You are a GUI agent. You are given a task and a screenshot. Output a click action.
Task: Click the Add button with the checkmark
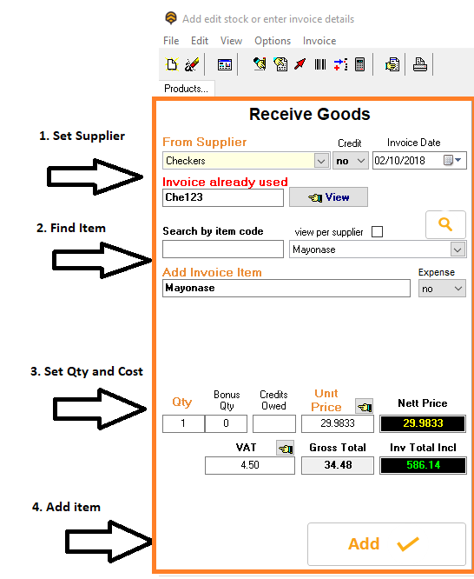pyautogui.click(x=386, y=544)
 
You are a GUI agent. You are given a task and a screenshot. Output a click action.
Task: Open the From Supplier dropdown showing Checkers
pyautogui.click(x=246, y=161)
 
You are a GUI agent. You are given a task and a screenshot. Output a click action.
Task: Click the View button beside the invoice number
pyautogui.click(x=328, y=197)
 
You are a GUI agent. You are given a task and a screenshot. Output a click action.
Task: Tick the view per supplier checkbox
pyautogui.click(x=377, y=232)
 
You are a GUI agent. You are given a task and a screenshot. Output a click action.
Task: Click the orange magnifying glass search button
pyautogui.click(x=445, y=224)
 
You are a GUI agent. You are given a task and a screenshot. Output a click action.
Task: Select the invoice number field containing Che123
pyautogui.click(x=223, y=197)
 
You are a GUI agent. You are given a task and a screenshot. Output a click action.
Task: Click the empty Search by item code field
pyautogui.click(x=223, y=250)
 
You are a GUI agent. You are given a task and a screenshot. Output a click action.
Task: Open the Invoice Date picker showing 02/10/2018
pyautogui.click(x=419, y=161)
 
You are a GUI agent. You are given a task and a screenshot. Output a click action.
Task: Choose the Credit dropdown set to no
pyautogui.click(x=351, y=161)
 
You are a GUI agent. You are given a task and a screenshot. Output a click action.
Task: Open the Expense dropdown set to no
pyautogui.click(x=442, y=289)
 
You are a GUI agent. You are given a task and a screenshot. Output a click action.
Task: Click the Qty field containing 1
pyautogui.click(x=183, y=423)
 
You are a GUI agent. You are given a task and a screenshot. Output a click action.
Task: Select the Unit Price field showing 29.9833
pyautogui.click(x=338, y=423)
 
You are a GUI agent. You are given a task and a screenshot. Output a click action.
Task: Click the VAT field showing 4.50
pyautogui.click(x=250, y=465)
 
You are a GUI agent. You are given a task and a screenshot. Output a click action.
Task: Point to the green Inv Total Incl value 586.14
pyautogui.click(x=423, y=465)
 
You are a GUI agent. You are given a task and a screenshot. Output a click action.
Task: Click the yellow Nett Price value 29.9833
pyautogui.click(x=423, y=423)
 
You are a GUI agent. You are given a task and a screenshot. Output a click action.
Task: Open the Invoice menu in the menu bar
pyautogui.click(x=319, y=41)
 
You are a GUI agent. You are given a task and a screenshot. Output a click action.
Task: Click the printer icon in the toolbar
pyautogui.click(x=420, y=64)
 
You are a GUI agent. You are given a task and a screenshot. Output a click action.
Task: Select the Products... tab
pyautogui.click(x=187, y=89)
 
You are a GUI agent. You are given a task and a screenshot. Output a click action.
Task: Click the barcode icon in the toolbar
pyautogui.click(x=320, y=64)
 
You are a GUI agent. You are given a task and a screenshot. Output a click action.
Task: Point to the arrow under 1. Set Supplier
pyautogui.click(x=95, y=176)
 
